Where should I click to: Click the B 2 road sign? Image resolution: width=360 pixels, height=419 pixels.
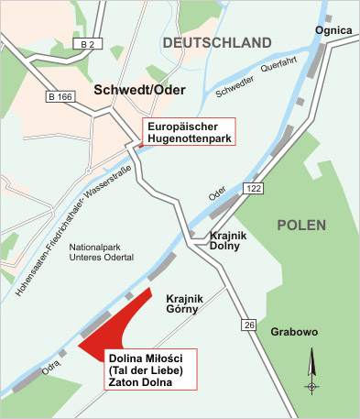(x=87, y=44)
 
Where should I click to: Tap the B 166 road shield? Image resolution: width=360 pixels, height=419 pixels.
(x=61, y=95)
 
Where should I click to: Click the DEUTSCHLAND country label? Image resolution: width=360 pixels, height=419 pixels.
(x=216, y=43)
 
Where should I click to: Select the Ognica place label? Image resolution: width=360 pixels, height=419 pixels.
(x=333, y=30)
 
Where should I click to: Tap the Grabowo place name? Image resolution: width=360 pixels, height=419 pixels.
(x=291, y=332)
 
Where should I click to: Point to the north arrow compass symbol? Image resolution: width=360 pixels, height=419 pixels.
(x=313, y=373)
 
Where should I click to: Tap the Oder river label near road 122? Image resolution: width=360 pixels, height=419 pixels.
(x=217, y=193)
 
